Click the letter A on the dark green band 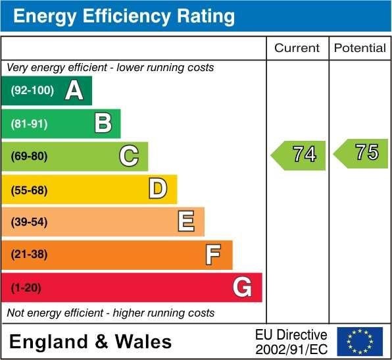click(74, 91)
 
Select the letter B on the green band click(103, 123)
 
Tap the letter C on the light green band click(129, 156)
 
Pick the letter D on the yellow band click(158, 189)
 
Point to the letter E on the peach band click(186, 222)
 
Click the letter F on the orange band click(213, 254)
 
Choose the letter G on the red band click(242, 287)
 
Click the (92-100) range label click(32, 91)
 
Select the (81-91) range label click(30, 123)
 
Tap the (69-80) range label click(30, 156)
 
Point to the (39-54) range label click(30, 222)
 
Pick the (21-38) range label click(30, 254)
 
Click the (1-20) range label click(26, 287)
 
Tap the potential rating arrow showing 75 click(361, 153)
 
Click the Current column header click(297, 48)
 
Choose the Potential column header click(360, 48)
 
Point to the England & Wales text click(91, 342)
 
